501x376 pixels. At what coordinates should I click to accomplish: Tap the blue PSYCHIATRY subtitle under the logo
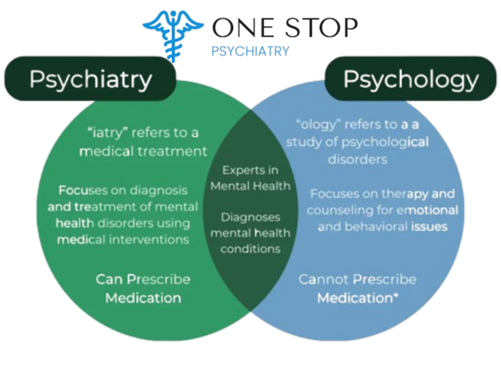point(251,51)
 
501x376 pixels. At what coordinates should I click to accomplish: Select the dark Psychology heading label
point(412,79)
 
